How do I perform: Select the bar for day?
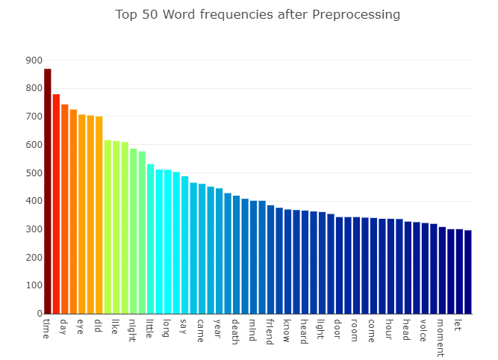(65, 209)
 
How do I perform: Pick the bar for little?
(151, 239)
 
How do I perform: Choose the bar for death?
(237, 255)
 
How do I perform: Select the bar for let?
(459, 272)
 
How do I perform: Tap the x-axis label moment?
(441, 338)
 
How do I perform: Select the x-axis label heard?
(304, 332)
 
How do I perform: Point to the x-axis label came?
(201, 330)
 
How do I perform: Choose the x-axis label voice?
(424, 330)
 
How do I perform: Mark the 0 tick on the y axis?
(37, 314)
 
